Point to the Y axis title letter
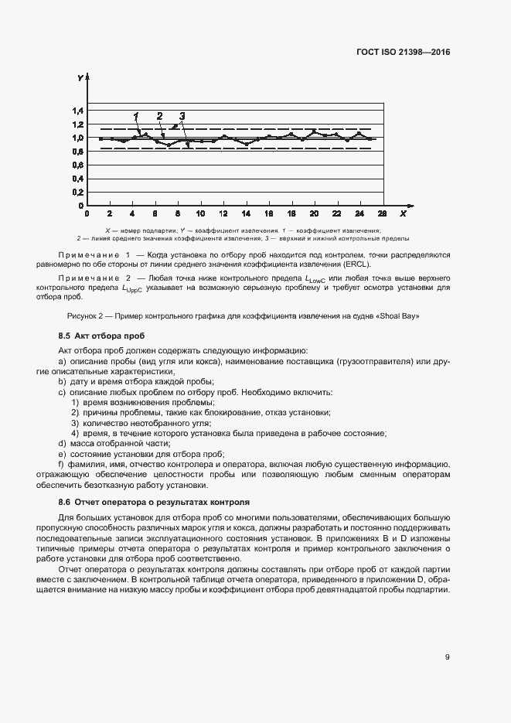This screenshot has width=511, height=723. [x=80, y=78]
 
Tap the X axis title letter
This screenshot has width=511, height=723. [x=403, y=213]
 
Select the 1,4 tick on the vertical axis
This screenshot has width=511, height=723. [x=78, y=111]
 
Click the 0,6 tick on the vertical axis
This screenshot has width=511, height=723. [x=78, y=165]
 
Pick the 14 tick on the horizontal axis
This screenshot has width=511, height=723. [x=246, y=213]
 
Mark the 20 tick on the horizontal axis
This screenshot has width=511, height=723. [x=314, y=213]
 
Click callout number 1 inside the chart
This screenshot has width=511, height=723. [x=135, y=116]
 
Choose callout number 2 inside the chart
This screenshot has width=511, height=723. [x=160, y=116]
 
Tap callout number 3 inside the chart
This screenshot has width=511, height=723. [x=182, y=116]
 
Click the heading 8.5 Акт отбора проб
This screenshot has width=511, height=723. [x=100, y=336]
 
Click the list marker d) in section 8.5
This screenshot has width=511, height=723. [x=62, y=443]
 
